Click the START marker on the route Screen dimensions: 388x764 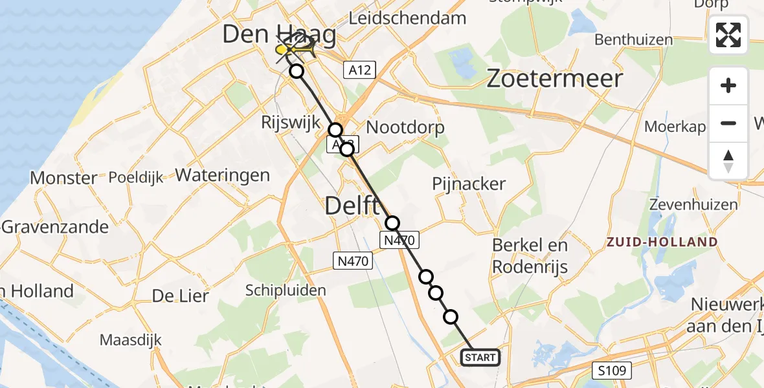tap(480, 357)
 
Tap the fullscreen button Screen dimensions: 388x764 tap(728, 35)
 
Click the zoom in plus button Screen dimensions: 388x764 tap(728, 85)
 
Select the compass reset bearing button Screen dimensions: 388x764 tap(728, 161)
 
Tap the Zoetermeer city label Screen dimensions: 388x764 tap(554, 79)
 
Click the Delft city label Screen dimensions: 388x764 tap(352, 207)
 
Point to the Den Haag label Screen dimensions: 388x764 tap(279, 35)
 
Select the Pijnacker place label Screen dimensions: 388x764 tap(469, 184)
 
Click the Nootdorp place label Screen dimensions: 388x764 tap(406, 127)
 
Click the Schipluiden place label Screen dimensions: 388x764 tap(286, 290)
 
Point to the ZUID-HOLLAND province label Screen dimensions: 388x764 tap(662, 242)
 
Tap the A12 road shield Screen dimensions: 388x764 tap(359, 70)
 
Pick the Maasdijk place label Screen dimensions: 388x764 tap(131, 339)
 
